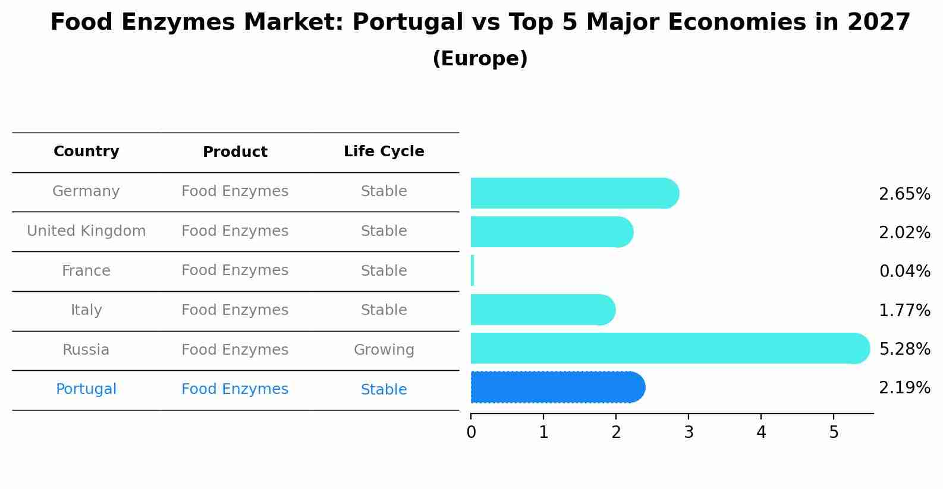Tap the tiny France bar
(x=473, y=271)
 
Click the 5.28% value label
(x=904, y=349)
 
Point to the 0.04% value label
(x=904, y=272)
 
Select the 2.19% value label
(x=904, y=388)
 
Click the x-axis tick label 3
(x=689, y=433)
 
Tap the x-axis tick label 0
(x=471, y=433)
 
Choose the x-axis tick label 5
(x=834, y=433)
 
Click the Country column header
(x=86, y=152)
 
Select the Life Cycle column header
(x=384, y=152)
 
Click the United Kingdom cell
(x=86, y=231)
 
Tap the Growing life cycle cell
(x=384, y=350)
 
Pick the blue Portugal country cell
(x=86, y=389)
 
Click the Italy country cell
(x=86, y=310)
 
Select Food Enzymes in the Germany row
(x=235, y=191)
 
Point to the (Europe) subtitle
(x=480, y=59)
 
